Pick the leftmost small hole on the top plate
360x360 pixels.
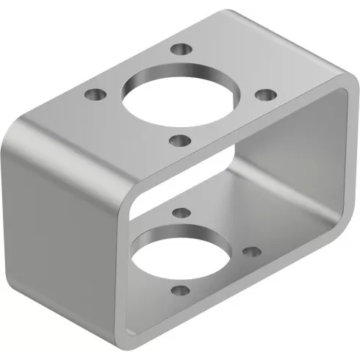[93, 95]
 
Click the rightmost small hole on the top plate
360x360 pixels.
[266, 95]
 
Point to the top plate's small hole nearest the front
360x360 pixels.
[179, 139]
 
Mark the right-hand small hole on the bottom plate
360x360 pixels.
[251, 251]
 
